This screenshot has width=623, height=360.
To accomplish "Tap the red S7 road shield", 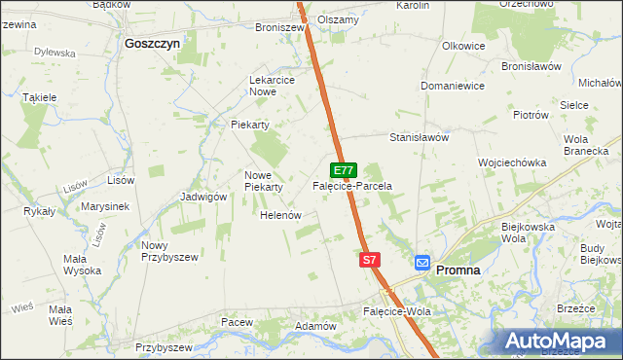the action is (369, 260).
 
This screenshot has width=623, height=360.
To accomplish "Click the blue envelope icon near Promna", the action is (422, 263).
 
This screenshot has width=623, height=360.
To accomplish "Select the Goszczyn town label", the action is (153, 43).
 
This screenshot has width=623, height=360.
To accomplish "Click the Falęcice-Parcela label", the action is (351, 185).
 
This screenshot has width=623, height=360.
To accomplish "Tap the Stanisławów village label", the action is (419, 137).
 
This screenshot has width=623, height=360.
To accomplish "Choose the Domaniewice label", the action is (453, 86).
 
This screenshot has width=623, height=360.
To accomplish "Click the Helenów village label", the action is (279, 215).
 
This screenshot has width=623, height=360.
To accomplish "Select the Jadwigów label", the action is (203, 196).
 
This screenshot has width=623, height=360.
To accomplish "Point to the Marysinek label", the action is (106, 206).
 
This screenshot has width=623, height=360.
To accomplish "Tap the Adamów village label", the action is (315, 325).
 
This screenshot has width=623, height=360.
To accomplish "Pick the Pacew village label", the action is (237, 321).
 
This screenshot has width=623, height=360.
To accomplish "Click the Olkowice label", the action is (463, 46).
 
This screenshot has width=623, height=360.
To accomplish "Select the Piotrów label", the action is (531, 114).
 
